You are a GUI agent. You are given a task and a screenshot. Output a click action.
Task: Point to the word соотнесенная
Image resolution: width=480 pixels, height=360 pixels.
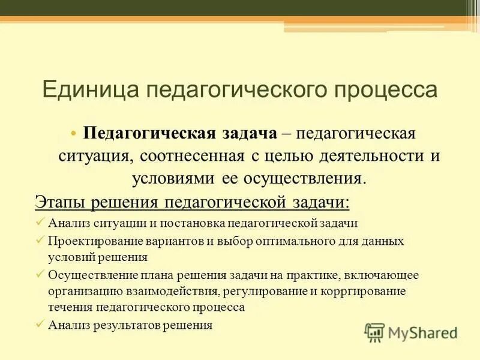[193, 155]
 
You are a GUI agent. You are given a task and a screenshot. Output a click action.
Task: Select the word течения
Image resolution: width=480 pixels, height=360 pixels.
[68, 307]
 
